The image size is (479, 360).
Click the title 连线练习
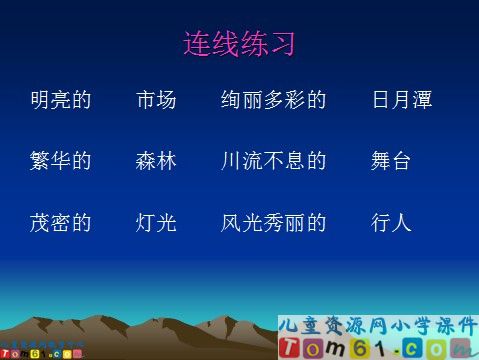click(239, 44)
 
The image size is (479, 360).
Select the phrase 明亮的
click(61, 100)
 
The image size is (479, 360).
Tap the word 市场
click(156, 100)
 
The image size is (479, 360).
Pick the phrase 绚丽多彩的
click(274, 100)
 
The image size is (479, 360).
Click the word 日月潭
click(401, 100)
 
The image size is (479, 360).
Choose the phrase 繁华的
click(61, 161)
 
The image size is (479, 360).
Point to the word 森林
click(156, 161)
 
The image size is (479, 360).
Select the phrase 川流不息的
click(274, 161)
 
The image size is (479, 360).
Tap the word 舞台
click(391, 161)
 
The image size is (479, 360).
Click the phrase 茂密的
click(61, 222)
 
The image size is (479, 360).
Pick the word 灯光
click(156, 222)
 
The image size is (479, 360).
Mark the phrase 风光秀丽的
click(274, 222)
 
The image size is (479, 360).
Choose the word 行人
click(391, 222)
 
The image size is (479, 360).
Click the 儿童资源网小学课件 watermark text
click(378, 326)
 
